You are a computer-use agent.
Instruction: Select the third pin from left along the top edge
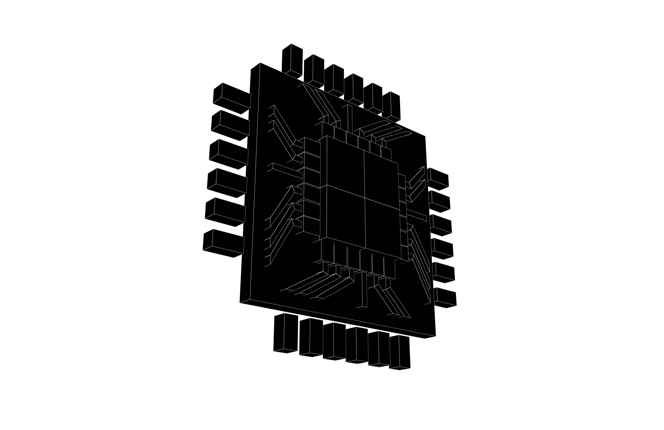334,80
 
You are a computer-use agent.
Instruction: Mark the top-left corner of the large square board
260,63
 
